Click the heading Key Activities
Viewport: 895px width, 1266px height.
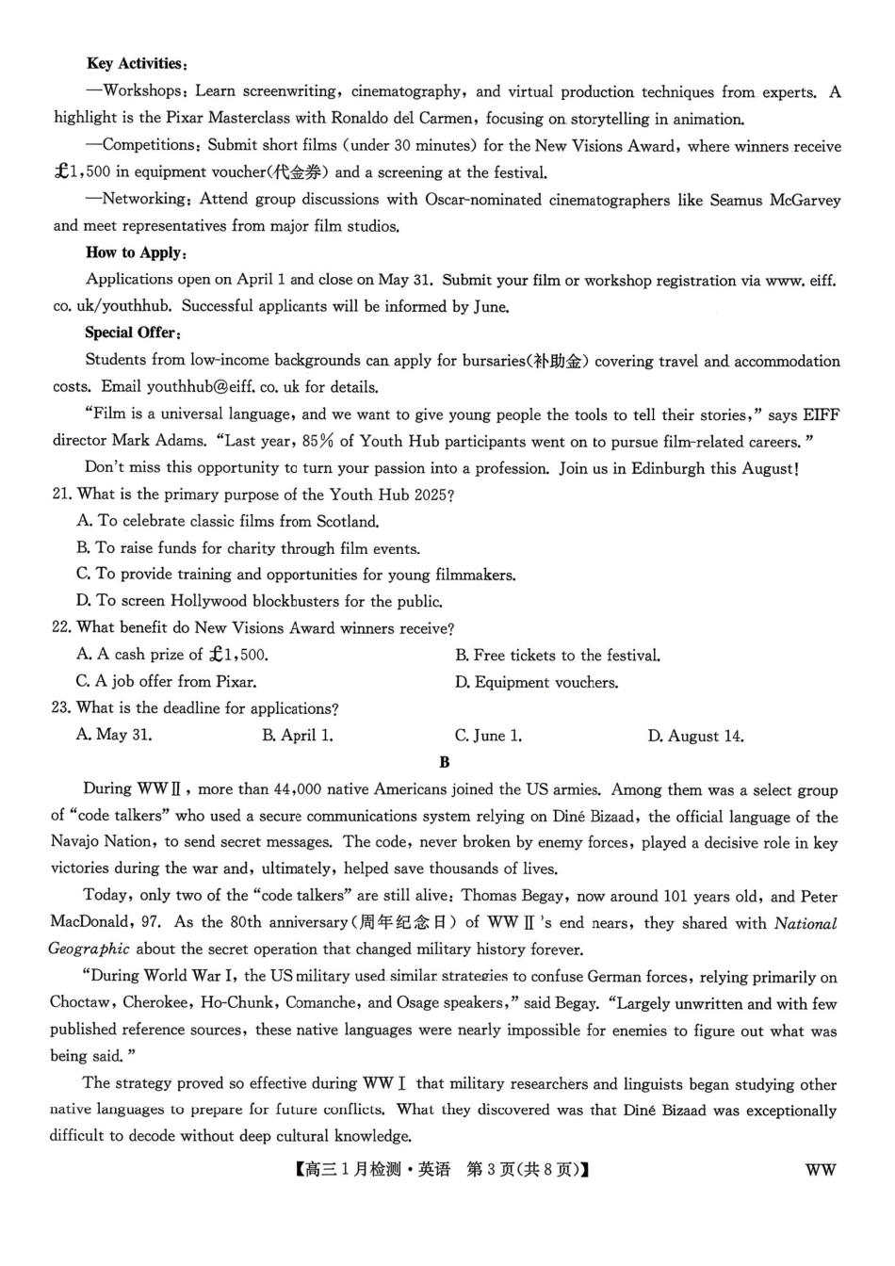(137, 64)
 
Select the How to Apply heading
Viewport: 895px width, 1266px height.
(136, 252)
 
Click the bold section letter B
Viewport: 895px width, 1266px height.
(445, 762)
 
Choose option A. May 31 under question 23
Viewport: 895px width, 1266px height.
(114, 735)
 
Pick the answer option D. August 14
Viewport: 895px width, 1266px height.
(695, 736)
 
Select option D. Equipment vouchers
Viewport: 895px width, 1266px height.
(536, 682)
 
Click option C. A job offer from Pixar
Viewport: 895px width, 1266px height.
(167, 681)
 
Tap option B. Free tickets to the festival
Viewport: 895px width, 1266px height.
(558, 655)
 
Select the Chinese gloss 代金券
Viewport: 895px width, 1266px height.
(297, 172)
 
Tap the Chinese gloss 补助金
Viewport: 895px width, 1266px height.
(557, 361)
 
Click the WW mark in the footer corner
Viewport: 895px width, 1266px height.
(820, 1170)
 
